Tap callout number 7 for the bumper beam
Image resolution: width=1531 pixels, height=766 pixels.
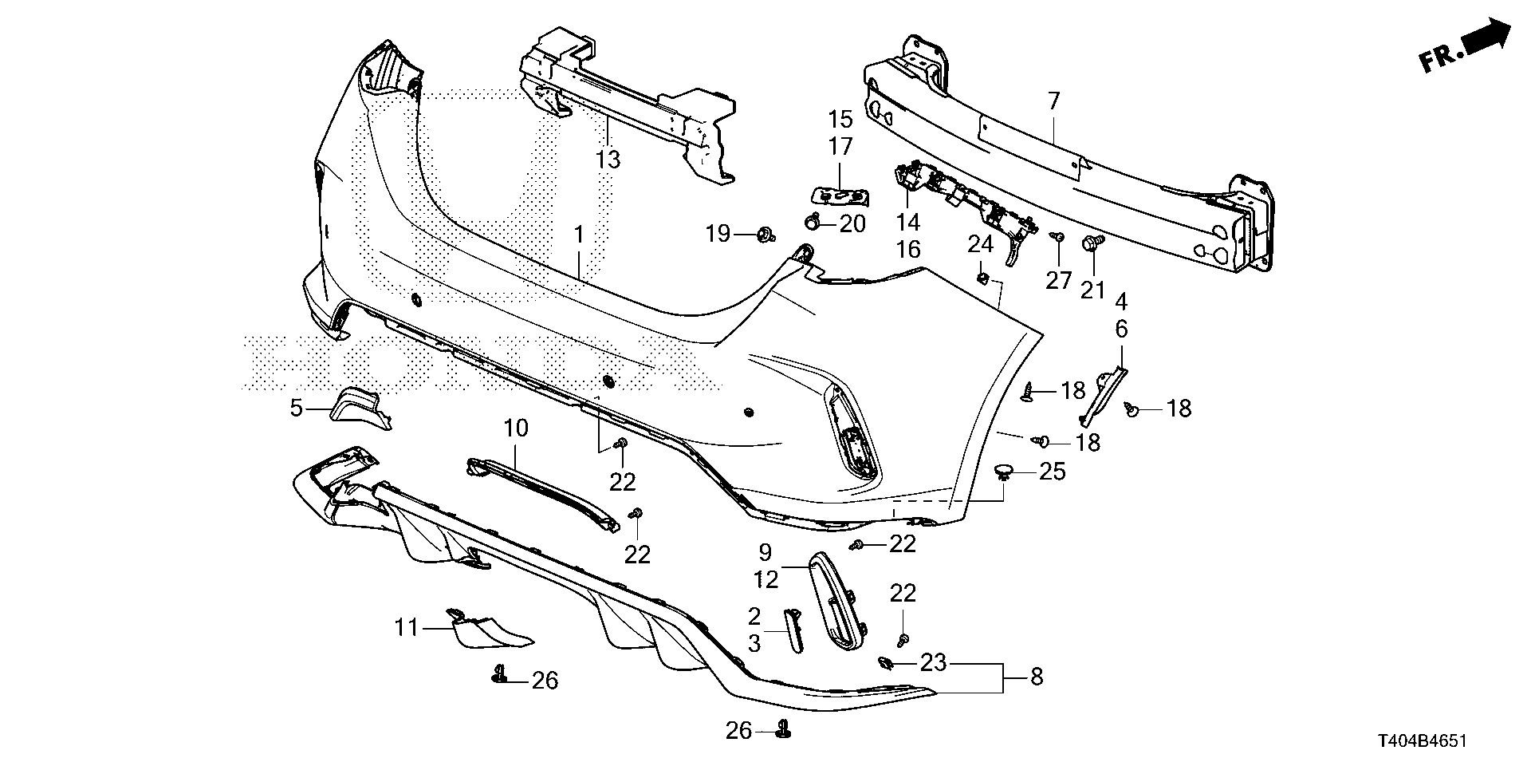(x=1053, y=101)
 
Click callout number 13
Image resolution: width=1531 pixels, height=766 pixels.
(x=608, y=159)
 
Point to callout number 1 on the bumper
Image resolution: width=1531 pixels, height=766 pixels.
(x=579, y=235)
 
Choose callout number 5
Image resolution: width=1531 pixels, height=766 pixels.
(x=297, y=409)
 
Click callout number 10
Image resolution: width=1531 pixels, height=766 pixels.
(x=516, y=428)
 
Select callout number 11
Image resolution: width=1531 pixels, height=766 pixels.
(x=407, y=628)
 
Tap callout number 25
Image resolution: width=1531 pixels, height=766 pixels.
(x=1053, y=472)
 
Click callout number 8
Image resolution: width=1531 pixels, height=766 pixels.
(x=1036, y=677)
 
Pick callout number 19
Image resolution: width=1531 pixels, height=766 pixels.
(x=718, y=234)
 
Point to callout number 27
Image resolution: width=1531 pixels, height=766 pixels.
(x=1058, y=281)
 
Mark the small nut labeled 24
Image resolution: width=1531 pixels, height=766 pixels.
(x=983, y=278)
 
